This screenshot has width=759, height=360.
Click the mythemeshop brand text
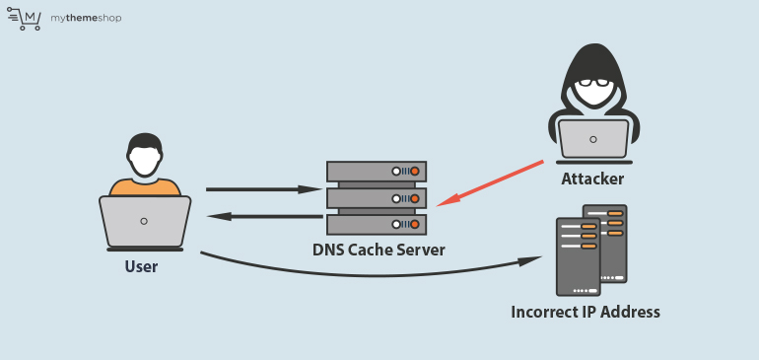pos(86,18)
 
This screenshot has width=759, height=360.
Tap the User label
pos(141,266)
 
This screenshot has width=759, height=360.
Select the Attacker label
pos(592,178)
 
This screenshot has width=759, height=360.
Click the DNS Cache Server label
pos(379,250)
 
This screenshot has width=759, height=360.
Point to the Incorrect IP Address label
pos(586,312)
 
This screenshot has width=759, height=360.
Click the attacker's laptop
pos(593,139)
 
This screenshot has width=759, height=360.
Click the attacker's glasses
pos(593,84)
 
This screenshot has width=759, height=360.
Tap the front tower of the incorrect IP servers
pos(578,256)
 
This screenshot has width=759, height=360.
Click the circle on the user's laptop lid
pos(145,221)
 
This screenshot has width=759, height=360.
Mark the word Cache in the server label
pos(375,250)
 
